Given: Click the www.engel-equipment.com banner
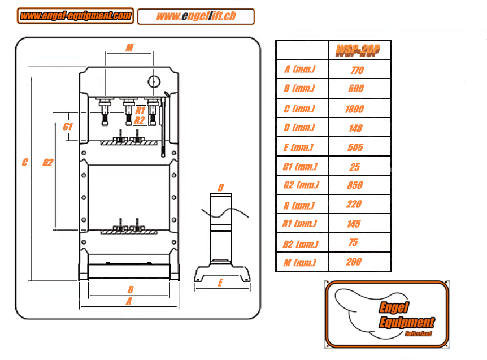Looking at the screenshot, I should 75,16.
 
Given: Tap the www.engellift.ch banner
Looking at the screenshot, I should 196,16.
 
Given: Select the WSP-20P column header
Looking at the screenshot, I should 357,51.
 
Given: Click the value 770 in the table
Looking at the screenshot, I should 357,71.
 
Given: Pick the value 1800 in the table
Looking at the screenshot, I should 355,109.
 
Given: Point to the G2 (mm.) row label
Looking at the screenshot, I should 301,185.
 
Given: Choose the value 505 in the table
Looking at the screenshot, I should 355,148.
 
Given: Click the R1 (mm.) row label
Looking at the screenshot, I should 299,224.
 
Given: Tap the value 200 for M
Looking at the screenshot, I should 354,262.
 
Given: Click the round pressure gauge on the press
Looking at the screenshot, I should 154,81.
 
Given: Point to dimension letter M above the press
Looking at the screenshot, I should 129,48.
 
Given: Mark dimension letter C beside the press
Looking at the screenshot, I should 25,163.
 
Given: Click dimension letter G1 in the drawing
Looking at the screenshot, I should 68,127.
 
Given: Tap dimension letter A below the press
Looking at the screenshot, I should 129,301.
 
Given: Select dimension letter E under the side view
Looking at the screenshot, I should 220,283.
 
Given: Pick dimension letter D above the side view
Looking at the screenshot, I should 221,188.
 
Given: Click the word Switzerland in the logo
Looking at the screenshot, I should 418,334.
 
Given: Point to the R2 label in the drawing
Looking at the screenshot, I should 140,120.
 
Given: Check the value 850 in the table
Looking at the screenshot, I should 355,185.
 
